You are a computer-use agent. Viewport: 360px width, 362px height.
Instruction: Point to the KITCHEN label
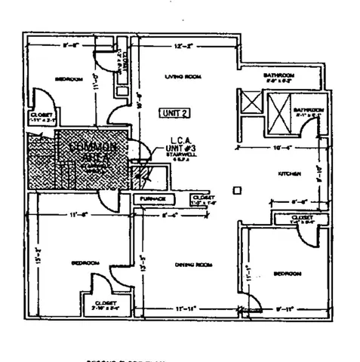pos(291,173)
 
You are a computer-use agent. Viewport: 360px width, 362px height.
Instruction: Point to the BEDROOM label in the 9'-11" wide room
pos(288,273)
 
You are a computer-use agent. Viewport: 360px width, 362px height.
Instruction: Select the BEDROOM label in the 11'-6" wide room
pos(85,262)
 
